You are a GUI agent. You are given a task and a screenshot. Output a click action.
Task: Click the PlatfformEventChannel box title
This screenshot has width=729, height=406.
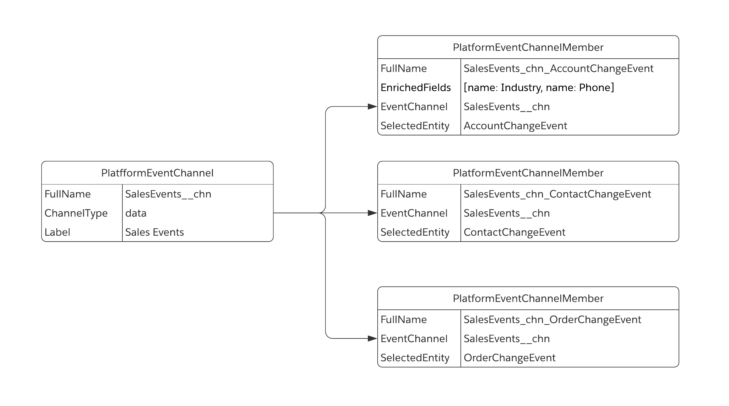pos(157,173)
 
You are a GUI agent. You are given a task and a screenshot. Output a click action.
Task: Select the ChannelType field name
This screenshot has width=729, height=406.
pos(76,213)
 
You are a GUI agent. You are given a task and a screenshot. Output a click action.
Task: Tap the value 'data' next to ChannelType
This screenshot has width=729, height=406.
pos(136,213)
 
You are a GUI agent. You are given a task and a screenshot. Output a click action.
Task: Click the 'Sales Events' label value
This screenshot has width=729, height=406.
pos(155,232)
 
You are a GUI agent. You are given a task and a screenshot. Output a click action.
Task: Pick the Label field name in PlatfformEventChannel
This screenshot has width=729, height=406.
pos(57,232)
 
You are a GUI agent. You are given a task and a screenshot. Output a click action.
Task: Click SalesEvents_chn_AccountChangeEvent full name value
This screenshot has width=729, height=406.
pos(558,68)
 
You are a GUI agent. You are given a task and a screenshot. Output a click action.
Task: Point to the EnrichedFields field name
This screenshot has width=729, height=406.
pos(416,88)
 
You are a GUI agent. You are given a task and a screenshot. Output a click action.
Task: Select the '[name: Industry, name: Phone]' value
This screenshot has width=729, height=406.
pos(539,88)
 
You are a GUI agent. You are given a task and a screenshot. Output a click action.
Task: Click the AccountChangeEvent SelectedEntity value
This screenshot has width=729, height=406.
pos(515,126)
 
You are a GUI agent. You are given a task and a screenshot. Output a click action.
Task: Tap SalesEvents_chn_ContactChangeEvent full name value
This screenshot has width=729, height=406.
pos(557,194)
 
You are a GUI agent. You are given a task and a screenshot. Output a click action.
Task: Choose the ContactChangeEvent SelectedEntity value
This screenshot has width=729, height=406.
pos(514,232)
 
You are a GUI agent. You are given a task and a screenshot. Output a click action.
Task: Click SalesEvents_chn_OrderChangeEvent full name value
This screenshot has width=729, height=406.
pos(552,320)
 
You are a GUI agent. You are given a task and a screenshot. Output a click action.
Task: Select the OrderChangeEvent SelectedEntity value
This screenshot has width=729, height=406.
pos(509,358)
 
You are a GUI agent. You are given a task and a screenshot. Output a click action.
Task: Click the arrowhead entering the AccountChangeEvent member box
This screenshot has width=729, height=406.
pos(372,107)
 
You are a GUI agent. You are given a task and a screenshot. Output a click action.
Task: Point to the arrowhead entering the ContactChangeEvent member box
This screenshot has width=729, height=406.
pos(372,213)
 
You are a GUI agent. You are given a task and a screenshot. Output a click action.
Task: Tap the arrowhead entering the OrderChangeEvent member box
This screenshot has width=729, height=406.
pos(372,339)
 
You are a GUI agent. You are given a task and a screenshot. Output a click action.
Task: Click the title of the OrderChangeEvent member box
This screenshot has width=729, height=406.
pos(528,299)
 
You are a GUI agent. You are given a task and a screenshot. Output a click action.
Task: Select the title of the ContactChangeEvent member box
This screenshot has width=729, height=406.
pos(528,173)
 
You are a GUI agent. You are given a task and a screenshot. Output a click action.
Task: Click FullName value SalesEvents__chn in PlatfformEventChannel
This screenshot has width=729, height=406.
pos(168,194)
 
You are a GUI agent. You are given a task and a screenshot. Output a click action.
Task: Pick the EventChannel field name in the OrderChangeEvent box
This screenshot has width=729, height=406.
pos(414,339)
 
